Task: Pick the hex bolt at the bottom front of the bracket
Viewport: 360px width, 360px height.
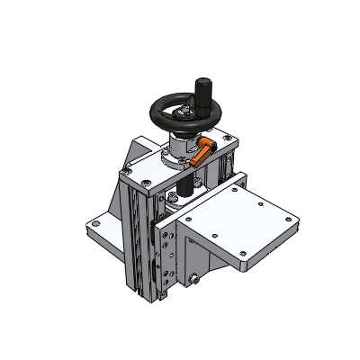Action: click(x=197, y=279)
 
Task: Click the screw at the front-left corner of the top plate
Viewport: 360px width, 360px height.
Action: click(x=130, y=172)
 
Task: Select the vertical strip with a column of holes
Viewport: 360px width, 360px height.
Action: click(x=163, y=261)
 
